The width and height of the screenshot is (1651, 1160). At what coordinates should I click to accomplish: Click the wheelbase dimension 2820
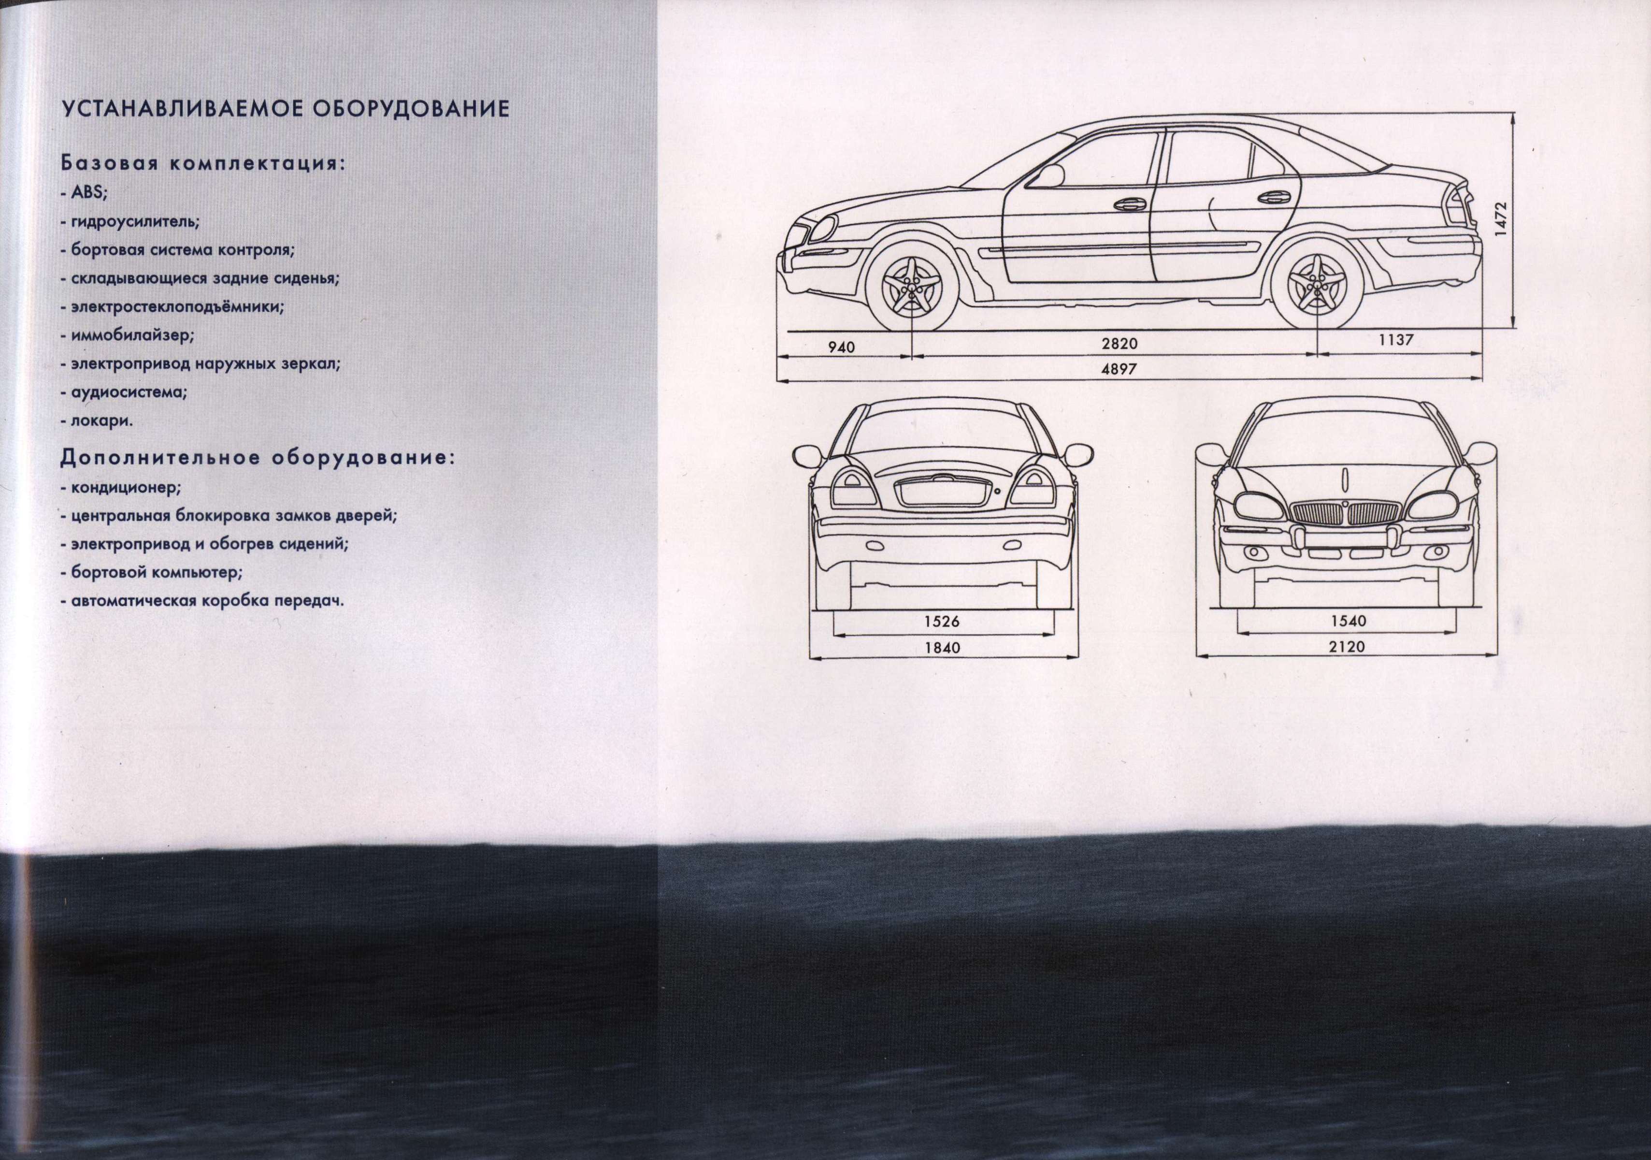click(x=1120, y=345)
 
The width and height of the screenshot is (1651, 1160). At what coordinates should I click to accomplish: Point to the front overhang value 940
click(x=841, y=348)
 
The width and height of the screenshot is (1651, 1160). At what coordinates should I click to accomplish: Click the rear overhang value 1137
click(x=1396, y=340)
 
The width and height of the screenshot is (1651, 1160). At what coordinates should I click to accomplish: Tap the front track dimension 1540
click(x=1348, y=621)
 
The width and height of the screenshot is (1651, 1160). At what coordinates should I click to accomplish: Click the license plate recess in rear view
click(x=943, y=493)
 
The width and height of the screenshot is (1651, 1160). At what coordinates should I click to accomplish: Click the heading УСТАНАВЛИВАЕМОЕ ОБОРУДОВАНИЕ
click(x=286, y=109)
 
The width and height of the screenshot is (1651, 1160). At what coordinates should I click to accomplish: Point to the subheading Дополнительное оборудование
click(x=258, y=458)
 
